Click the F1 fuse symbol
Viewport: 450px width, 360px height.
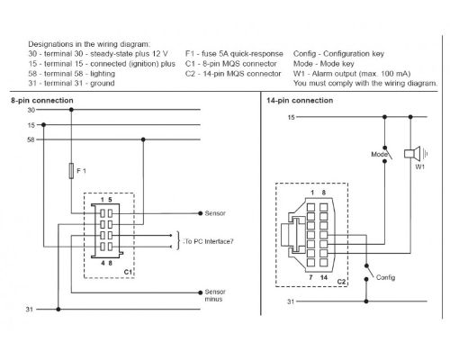coord(71,171)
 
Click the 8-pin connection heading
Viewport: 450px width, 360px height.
coord(42,100)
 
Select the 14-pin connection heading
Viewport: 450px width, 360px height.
coord(300,100)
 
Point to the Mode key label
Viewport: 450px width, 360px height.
coord(379,154)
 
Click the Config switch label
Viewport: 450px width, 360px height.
coord(385,277)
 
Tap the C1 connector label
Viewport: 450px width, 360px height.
coord(128,272)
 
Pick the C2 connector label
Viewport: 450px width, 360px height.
coord(342,282)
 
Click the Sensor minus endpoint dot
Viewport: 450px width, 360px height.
coord(201,292)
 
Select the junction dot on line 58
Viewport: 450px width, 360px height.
coord(143,139)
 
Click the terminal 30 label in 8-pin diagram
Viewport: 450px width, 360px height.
coord(31,110)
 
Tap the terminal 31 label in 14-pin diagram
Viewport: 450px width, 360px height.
coord(291,301)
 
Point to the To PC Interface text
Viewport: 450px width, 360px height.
coord(209,241)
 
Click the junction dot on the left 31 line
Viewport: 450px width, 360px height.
coord(58,309)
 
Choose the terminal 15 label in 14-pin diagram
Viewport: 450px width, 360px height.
coord(291,117)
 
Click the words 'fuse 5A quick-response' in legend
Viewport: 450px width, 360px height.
coord(242,54)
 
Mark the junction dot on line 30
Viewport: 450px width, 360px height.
coord(71,110)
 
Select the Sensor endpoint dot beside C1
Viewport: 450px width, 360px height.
coord(201,213)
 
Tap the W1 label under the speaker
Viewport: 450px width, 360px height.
coord(419,167)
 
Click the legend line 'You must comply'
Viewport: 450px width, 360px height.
coord(365,83)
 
